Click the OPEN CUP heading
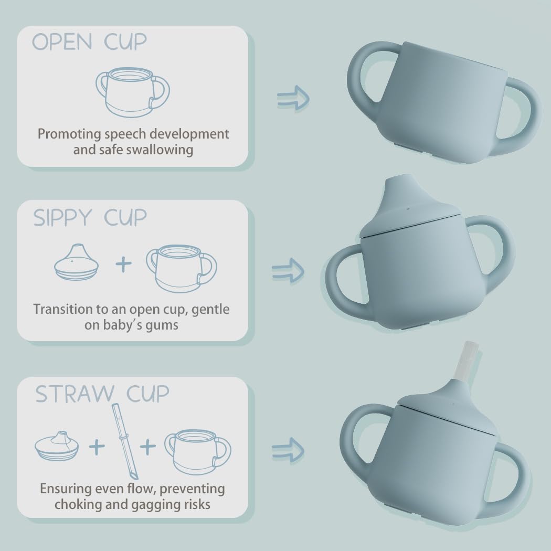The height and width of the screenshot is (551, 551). tap(89, 43)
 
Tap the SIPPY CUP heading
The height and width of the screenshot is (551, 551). tap(90, 217)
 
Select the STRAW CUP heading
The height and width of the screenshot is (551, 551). tap(102, 394)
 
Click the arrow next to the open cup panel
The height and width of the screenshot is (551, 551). tap(293, 97)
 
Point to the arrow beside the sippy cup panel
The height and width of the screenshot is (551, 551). tap(288, 271)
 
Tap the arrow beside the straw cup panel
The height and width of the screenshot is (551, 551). tap(288, 449)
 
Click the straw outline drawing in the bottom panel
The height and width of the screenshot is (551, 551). tap(125, 441)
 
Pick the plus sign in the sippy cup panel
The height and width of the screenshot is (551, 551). tap(123, 264)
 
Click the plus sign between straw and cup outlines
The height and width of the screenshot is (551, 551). tap(148, 447)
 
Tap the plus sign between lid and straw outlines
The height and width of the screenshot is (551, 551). tap(97, 447)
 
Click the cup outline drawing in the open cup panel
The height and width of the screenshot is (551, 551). tap(133, 91)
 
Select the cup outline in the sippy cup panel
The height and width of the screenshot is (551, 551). tap(182, 268)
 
